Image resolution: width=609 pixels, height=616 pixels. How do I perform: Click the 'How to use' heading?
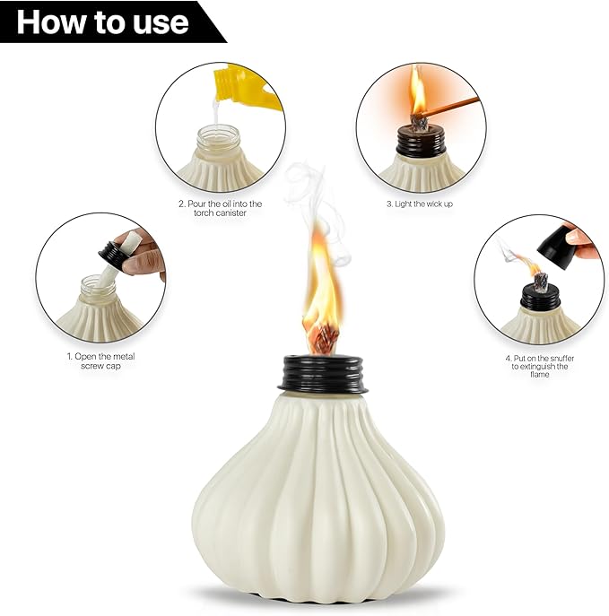point(102,22)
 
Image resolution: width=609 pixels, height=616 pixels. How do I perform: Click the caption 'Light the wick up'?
point(421,204)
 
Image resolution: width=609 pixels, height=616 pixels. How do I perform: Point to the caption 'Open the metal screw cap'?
point(100,361)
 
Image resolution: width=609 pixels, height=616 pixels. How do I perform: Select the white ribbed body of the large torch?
point(318,493)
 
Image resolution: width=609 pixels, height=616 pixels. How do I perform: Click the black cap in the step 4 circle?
point(540,299)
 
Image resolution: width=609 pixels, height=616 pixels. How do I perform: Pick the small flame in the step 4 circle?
point(532,265)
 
